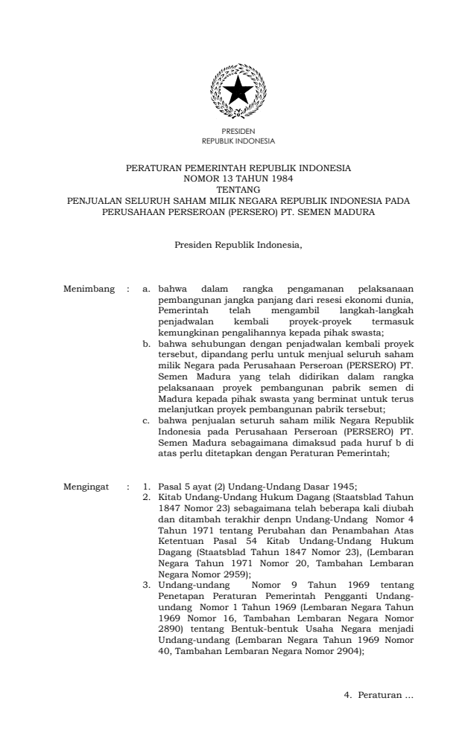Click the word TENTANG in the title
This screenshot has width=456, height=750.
228,190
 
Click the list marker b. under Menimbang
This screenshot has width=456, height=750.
147,344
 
